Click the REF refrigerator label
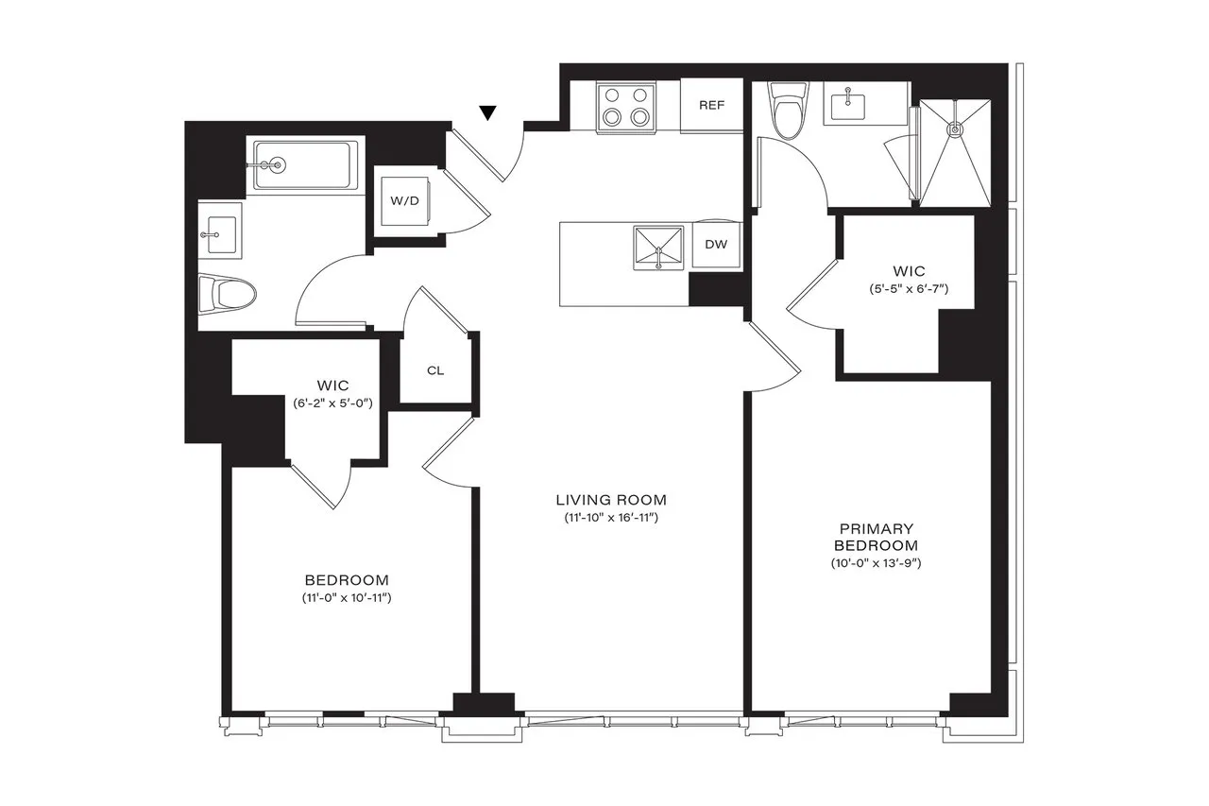pos(711,105)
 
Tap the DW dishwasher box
pos(716,245)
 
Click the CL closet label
pos(435,370)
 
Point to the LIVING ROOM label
pos(611,500)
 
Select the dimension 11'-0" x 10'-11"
pos(347,598)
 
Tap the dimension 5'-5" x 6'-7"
pos(908,289)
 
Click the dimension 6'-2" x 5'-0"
pos(333,403)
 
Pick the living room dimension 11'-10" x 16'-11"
pos(611,519)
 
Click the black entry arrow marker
pos(487,113)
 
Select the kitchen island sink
pos(658,248)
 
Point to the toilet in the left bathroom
pos(228,294)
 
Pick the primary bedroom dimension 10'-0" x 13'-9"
pos(870,564)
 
